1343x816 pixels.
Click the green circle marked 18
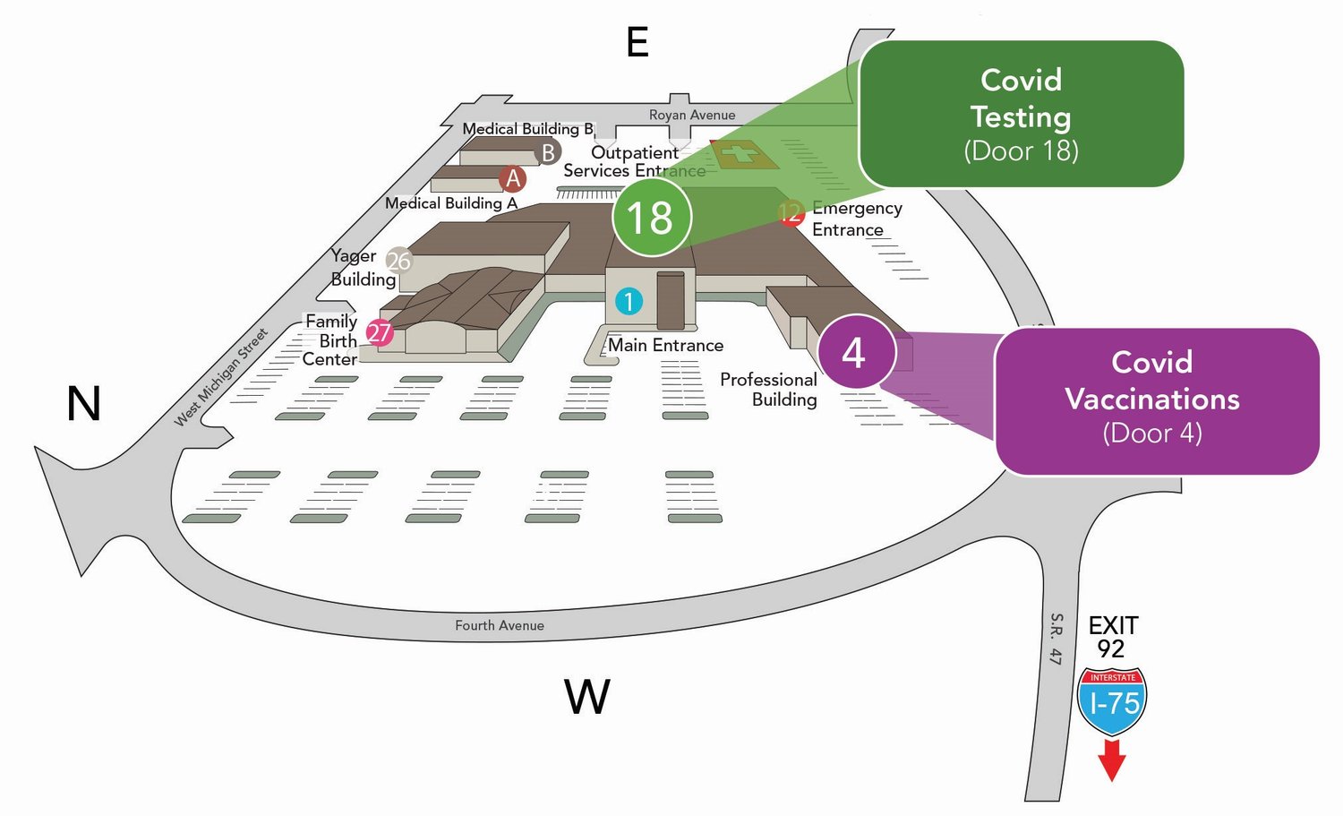pyautogui.click(x=652, y=218)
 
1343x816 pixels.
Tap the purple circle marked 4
pyautogui.click(x=855, y=352)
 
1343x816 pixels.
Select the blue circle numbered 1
pyautogui.click(x=629, y=302)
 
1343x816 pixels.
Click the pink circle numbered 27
pyautogui.click(x=380, y=332)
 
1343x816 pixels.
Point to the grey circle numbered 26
pyautogui.click(x=398, y=261)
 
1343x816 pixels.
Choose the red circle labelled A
pyautogui.click(x=513, y=178)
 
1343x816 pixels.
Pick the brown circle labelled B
pyautogui.click(x=548, y=152)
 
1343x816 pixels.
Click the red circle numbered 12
pyautogui.click(x=791, y=213)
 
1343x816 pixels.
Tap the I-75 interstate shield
pyautogui.click(x=1112, y=700)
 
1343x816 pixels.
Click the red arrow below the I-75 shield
pyautogui.click(x=1112, y=760)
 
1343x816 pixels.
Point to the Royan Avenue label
pyautogui.click(x=692, y=115)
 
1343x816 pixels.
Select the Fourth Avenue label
pyautogui.click(x=499, y=625)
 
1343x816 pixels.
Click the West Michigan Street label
pyautogui.click(x=220, y=377)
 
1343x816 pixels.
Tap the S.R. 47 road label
pyautogui.click(x=1056, y=639)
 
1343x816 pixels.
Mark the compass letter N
pyautogui.click(x=83, y=403)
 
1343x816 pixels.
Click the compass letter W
pyautogui.click(x=587, y=697)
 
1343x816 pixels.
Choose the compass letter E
pyautogui.click(x=637, y=42)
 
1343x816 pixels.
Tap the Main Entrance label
pyautogui.click(x=666, y=345)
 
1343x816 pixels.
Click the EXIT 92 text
pyautogui.click(x=1113, y=637)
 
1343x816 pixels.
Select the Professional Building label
pyautogui.click(x=769, y=390)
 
